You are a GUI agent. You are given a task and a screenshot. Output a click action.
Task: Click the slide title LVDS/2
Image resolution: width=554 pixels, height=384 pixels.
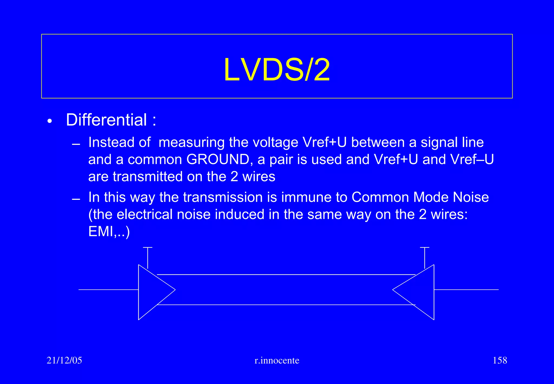[x=277, y=70]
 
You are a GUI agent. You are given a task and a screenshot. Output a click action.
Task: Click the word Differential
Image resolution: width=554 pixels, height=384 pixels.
[x=106, y=120]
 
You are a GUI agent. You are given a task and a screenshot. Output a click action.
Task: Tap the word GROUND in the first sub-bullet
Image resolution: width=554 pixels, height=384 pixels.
[x=218, y=159]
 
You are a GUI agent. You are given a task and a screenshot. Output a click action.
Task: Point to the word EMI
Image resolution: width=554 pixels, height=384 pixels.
[x=101, y=231]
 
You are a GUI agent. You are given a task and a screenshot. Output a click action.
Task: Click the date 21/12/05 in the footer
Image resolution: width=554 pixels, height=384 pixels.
[x=64, y=360]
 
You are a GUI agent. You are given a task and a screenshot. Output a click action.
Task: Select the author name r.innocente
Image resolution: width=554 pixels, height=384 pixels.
[x=277, y=360]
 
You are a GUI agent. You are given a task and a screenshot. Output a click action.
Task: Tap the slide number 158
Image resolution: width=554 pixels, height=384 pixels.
[x=500, y=360]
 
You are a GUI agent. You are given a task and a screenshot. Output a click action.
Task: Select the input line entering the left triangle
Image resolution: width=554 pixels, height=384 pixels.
[x=108, y=290]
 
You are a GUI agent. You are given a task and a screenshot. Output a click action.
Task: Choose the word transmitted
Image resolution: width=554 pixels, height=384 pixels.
[x=148, y=177]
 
